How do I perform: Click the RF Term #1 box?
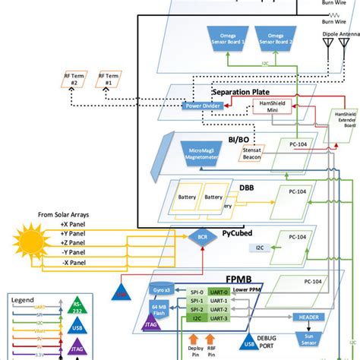pyautogui.click(x=112, y=80)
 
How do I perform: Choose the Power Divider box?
pyautogui.click(x=203, y=106)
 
